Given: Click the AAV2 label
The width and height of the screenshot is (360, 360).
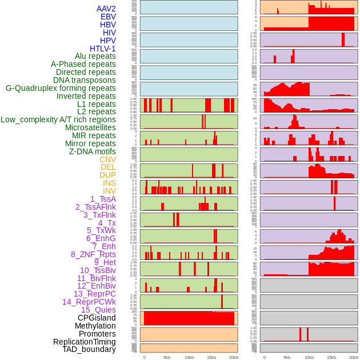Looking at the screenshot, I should [106, 9].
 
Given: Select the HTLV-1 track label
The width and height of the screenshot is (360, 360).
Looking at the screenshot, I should [103, 49].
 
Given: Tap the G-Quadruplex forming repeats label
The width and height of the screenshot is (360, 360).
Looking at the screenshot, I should [61, 88].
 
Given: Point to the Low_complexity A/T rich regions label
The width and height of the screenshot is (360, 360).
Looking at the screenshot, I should [58, 119].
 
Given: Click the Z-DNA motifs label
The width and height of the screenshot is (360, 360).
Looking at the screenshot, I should [93, 151].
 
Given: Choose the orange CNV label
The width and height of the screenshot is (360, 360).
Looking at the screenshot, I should [107, 159].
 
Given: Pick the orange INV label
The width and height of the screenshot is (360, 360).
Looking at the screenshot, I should [109, 191].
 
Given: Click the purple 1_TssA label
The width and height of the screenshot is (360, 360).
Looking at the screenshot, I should [103, 199].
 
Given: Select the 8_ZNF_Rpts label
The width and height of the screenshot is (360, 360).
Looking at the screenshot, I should [93, 254].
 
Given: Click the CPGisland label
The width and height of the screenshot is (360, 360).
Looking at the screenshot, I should [97, 318].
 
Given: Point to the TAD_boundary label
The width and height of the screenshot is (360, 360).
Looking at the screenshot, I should [89, 349].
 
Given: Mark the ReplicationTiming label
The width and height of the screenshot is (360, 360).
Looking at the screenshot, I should [84, 342].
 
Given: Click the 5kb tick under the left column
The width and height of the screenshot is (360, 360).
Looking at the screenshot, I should [167, 357].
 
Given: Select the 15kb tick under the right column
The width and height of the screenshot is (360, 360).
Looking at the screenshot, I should [331, 357].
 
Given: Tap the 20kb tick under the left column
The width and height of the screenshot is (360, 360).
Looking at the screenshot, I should [233, 357].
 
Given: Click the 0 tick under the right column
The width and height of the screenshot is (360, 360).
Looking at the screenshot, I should [264, 357].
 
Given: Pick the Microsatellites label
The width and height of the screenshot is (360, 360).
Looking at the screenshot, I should [90, 127].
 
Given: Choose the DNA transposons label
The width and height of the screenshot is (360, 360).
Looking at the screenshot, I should [85, 80].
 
